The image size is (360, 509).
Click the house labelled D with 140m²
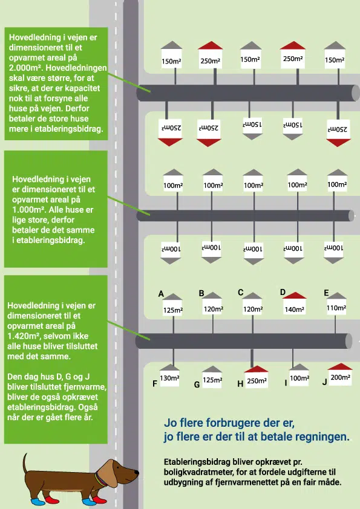(295, 303)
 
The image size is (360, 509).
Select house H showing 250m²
(257, 376)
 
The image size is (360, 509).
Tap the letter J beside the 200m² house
(324, 382)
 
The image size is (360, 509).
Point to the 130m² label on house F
(169, 378)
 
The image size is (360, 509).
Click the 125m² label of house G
(212, 380)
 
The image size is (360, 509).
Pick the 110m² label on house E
(336, 308)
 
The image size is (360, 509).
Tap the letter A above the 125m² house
(161, 294)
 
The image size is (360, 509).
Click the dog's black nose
(137, 472)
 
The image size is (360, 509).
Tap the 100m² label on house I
(299, 378)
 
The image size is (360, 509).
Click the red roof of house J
(340, 367)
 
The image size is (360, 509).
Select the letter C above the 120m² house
(240, 293)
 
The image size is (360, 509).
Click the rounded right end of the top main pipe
(355, 93)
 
